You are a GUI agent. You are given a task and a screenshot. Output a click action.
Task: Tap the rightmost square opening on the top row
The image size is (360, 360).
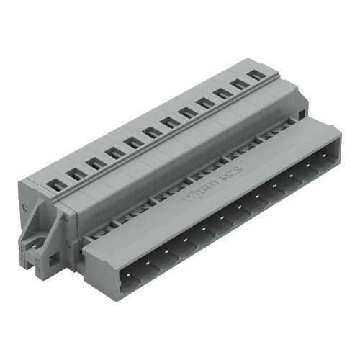[254, 74]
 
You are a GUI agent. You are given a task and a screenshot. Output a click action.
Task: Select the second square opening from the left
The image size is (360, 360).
[73, 173]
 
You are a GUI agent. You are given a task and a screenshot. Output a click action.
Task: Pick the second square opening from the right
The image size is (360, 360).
[237, 84]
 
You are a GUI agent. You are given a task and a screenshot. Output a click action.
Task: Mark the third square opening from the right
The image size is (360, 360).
[220, 93]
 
